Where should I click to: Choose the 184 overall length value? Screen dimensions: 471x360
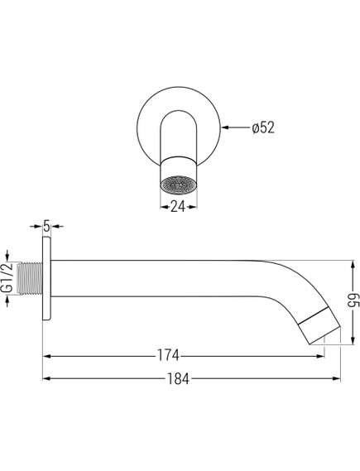click(179, 379)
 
